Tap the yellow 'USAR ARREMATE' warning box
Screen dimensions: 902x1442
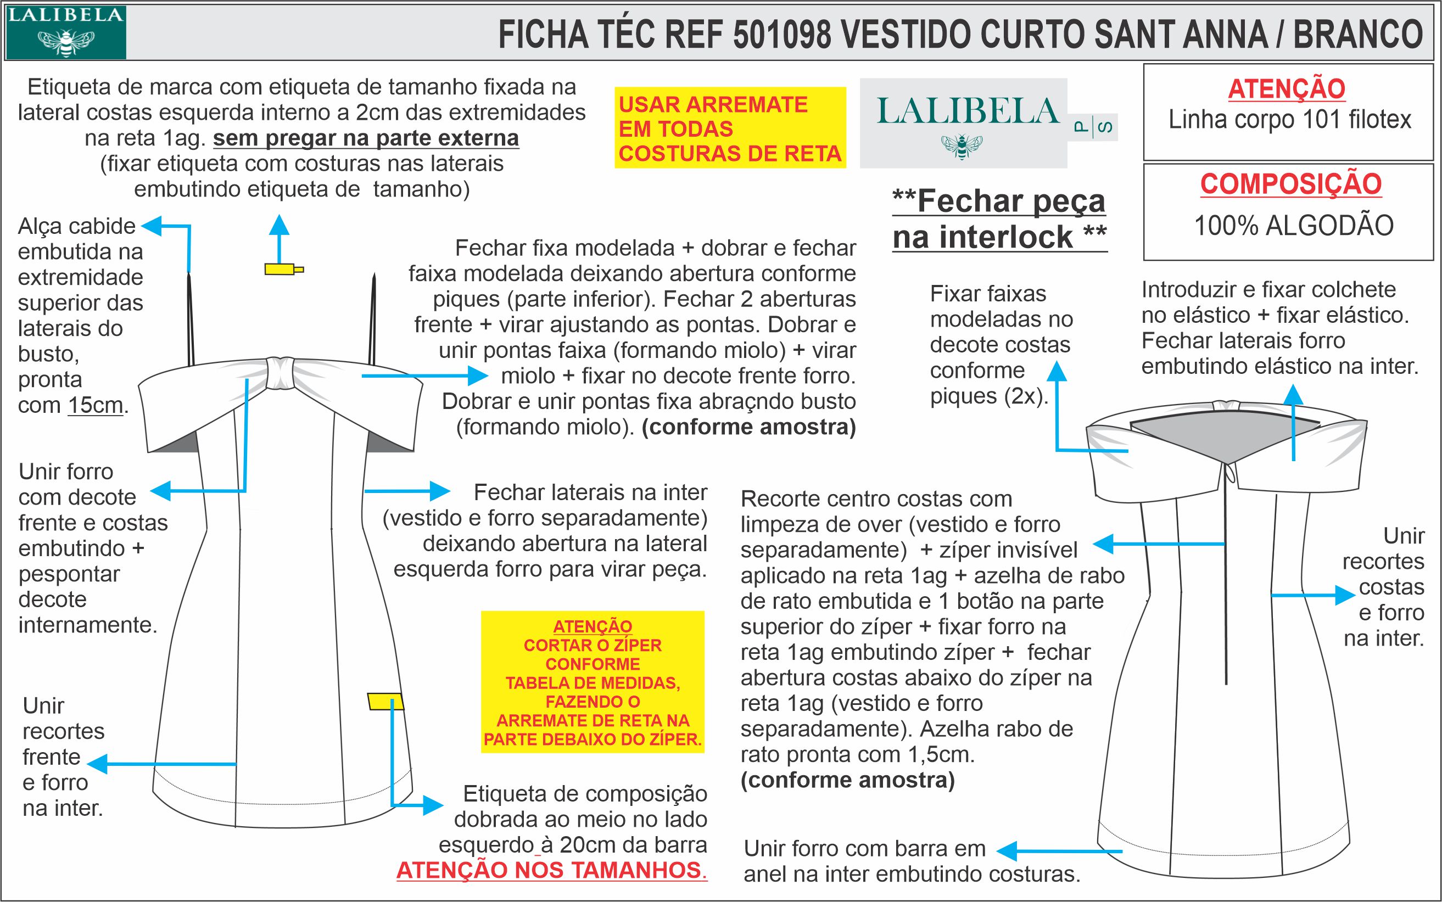[730, 128]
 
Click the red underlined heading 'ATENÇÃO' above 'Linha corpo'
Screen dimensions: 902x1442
[1286, 89]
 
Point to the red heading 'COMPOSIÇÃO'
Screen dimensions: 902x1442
[1290, 184]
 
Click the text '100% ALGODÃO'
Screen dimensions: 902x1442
[1293, 226]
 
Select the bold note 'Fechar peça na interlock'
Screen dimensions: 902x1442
[999, 219]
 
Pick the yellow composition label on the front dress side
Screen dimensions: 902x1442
[385, 702]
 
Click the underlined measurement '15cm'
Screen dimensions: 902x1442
[96, 406]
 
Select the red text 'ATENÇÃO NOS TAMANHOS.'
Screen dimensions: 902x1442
[551, 870]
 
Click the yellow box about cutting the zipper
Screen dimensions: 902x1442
[593, 682]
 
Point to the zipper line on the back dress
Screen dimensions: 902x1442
[1226, 585]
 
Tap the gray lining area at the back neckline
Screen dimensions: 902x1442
[1223, 439]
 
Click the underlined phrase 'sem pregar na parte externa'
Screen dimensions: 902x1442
[366, 138]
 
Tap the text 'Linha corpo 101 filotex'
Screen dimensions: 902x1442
[1289, 120]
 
